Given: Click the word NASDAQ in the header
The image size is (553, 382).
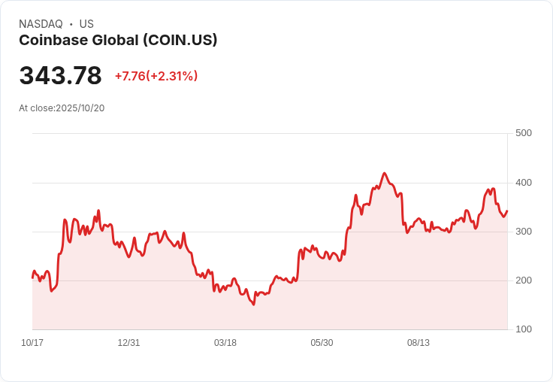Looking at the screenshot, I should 41,24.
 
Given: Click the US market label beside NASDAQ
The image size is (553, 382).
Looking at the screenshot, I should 86,24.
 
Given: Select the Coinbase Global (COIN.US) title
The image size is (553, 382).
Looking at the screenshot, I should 118,41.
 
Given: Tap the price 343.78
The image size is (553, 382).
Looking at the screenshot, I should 60,75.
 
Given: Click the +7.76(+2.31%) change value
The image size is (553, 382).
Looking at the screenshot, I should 156,76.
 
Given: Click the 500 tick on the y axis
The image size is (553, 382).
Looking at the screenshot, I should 524,133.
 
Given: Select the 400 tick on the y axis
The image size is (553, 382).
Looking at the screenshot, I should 524,183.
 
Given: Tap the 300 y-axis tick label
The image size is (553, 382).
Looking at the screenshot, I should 524,232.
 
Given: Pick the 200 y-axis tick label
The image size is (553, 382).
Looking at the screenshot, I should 524,280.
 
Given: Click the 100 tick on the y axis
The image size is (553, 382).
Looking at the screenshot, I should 524,329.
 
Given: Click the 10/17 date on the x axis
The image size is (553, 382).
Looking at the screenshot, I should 32,343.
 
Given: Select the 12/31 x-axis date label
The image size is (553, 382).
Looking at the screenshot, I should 128,343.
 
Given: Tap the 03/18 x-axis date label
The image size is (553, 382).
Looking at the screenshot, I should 225,343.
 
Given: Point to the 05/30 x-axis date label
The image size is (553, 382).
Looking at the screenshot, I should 322,343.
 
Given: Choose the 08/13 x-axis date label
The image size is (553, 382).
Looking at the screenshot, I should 419,343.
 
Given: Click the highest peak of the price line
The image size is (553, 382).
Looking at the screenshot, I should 384,173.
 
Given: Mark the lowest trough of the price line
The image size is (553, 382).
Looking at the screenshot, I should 253,305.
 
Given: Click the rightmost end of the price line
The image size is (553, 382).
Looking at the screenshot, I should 507,211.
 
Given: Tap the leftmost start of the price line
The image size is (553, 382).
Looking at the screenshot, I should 32,277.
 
